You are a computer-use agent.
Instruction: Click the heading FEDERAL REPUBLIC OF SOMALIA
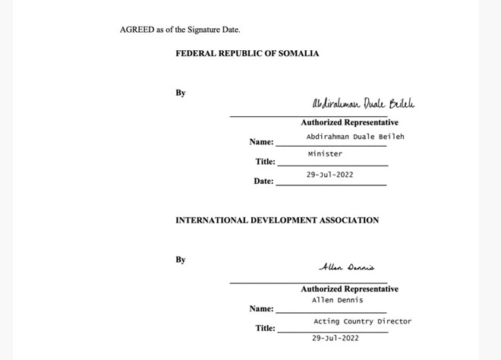point(247,54)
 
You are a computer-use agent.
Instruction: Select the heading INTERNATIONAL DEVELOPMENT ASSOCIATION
point(277,220)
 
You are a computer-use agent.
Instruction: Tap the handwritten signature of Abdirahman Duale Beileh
point(364,104)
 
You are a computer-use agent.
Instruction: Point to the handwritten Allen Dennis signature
point(346,267)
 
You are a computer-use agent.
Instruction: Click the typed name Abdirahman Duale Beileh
point(355,137)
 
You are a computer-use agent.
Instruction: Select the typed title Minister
point(325,154)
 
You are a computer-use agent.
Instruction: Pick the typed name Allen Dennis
point(337,300)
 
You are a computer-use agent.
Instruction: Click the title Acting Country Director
point(362,321)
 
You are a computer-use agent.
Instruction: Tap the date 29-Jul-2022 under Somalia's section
point(329,175)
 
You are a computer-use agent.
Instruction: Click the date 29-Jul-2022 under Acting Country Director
point(336,338)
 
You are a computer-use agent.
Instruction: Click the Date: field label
point(263,182)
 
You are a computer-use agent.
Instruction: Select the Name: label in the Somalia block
point(261,142)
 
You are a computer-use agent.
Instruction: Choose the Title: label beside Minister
point(265,162)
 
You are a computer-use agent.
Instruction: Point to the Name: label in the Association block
point(261,309)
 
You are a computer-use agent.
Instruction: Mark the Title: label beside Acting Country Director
point(265,328)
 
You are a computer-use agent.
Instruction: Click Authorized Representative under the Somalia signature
point(349,122)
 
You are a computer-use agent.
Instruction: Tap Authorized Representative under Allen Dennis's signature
point(349,289)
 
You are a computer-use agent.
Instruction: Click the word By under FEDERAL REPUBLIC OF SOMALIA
point(181,93)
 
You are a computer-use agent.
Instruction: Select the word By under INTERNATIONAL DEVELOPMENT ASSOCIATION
point(181,260)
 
